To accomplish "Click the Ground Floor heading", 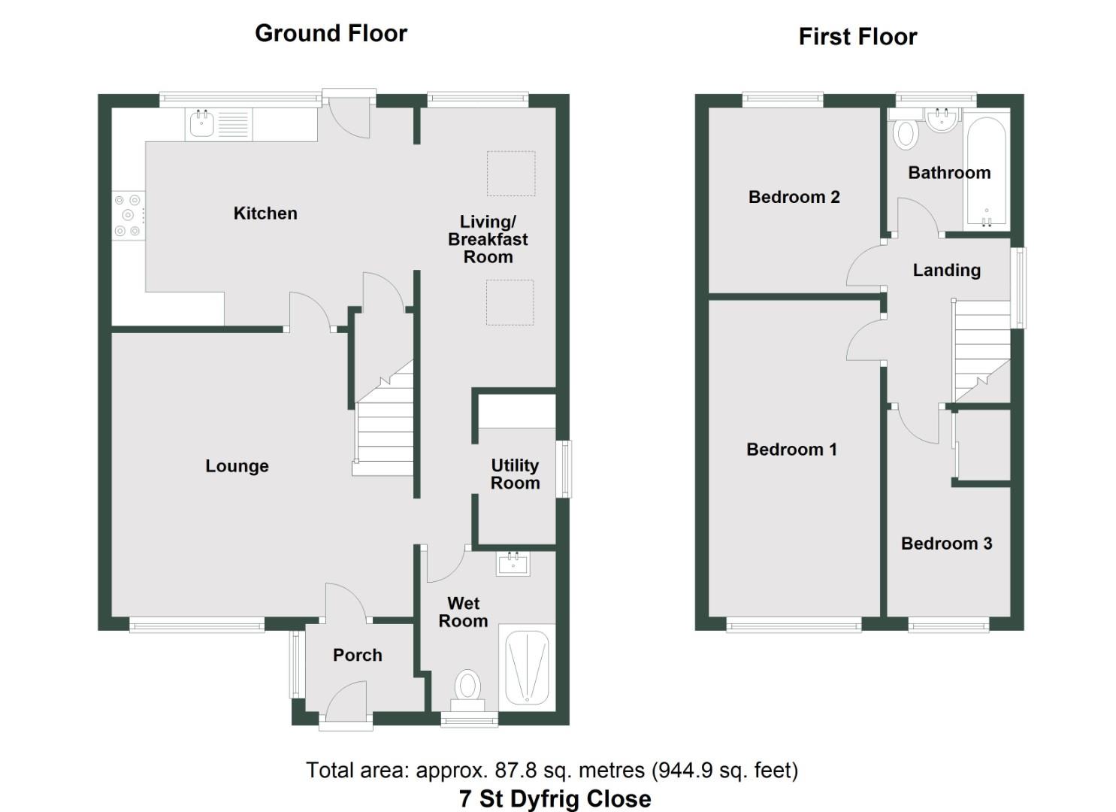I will point(331,33).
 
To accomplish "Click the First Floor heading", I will point(857,37).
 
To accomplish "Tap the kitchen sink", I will point(201,124).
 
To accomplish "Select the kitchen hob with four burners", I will point(128,216).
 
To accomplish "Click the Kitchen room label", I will point(265,214).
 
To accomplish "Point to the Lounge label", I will point(237,466).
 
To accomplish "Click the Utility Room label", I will point(515,474).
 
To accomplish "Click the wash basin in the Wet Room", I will point(513,563).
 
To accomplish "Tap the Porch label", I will point(357,656).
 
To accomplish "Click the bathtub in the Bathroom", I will point(986,172).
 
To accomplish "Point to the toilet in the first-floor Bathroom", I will point(906,133).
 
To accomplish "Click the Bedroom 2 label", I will point(794,197).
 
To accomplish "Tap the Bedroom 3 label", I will point(946,544).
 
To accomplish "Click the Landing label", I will point(946,270).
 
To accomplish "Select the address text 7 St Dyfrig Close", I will point(555,798).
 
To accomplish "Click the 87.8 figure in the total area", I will point(512,771).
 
